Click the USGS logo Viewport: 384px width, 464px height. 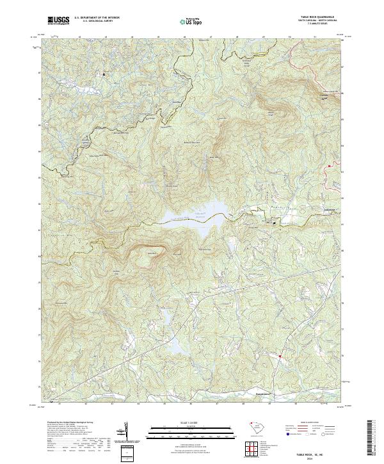click(58, 20)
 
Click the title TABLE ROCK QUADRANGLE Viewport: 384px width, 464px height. click(317, 17)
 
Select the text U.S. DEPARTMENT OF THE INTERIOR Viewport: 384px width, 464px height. click(97, 17)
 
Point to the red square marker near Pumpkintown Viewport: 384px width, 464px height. click(280, 356)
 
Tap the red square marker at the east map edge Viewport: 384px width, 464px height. click(329, 166)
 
